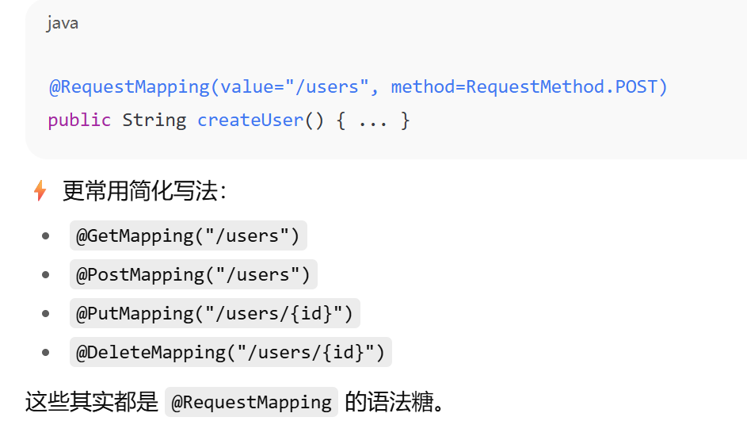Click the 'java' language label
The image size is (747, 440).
pyautogui.click(x=63, y=24)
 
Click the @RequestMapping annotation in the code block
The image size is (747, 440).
pyautogui.click(x=129, y=86)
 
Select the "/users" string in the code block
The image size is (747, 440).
pyautogui.click(x=327, y=86)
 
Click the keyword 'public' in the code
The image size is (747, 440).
pyautogui.click(x=79, y=121)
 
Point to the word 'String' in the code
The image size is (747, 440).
pyautogui.click(x=154, y=121)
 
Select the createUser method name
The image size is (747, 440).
pyautogui.click(x=250, y=121)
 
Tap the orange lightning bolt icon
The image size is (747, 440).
pyautogui.click(x=40, y=191)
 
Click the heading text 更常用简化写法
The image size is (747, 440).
pyautogui.click(x=140, y=191)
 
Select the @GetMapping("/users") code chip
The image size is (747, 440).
pyautogui.click(x=189, y=235)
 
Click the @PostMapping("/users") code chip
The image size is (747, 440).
pyautogui.click(x=193, y=274)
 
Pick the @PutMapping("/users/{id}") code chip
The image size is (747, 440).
pyautogui.click(x=215, y=313)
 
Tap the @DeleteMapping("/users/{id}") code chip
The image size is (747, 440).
pyautogui.click(x=231, y=352)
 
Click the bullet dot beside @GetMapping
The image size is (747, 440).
pyautogui.click(x=46, y=235)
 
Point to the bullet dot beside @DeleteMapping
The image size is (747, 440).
pyautogui.click(x=46, y=352)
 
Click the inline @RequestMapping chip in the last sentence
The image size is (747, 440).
pyautogui.click(x=251, y=402)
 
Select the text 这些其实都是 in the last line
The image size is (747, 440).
pyautogui.click(x=91, y=402)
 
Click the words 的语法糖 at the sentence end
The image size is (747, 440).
pyautogui.click(x=389, y=402)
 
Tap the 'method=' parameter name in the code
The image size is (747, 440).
pyautogui.click(x=428, y=86)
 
